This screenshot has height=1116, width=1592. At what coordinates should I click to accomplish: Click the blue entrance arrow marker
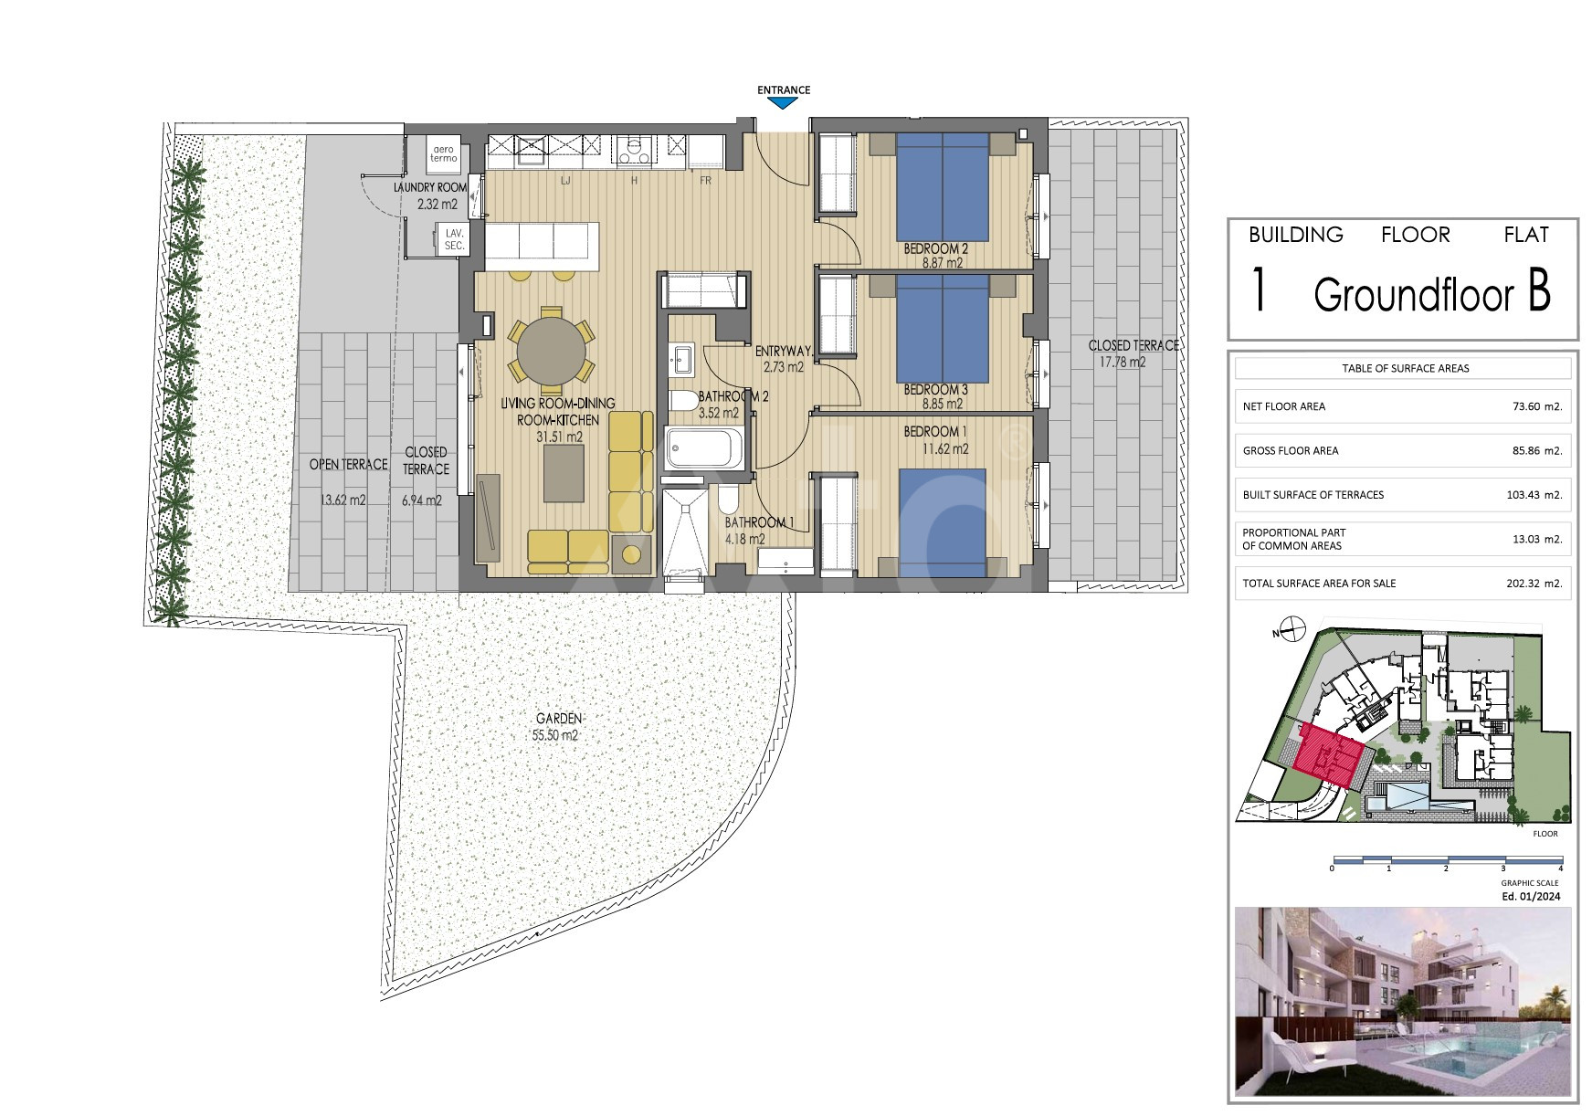coord(784,103)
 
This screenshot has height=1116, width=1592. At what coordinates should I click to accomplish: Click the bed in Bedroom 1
coord(943,522)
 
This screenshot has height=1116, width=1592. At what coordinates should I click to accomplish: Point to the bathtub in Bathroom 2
coord(704,448)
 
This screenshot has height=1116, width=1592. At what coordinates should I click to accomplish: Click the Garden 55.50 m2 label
coord(558,727)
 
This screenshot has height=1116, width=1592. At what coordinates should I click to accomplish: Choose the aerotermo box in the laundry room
coord(444,153)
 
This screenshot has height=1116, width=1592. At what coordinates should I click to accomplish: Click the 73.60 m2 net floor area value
coord(1537,407)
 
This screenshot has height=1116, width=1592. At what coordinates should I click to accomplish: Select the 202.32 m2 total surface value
coord(1534,584)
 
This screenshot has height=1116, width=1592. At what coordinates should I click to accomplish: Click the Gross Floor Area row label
coord(1291,451)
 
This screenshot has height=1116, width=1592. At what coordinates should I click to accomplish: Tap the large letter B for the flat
coord(1538,293)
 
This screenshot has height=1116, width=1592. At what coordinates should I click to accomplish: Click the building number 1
coord(1260,291)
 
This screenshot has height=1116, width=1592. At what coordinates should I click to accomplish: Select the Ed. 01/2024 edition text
coord(1531,897)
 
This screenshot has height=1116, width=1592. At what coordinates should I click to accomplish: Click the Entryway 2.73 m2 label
coord(783,359)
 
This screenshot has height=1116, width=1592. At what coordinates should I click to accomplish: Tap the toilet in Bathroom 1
coord(729,499)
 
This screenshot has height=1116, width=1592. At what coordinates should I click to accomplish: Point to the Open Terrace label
coord(348,465)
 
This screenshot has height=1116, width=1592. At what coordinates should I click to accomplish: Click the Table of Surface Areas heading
coord(1406,369)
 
